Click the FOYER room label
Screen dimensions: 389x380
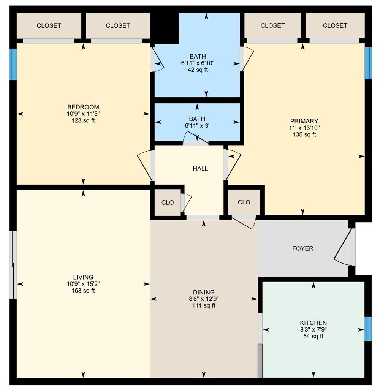pos(302,248)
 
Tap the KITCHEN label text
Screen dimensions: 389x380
pos(313,323)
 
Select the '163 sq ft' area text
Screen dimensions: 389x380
pos(83,291)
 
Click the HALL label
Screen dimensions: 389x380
pos(200,168)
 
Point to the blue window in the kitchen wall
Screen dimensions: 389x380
pos(367,329)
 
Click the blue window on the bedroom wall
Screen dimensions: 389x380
pos(13,64)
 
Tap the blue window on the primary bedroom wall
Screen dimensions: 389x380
pos(368,63)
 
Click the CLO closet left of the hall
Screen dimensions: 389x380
pos(168,202)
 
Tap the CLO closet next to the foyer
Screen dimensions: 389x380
pos(244,202)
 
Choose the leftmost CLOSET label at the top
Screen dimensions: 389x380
pos(49,26)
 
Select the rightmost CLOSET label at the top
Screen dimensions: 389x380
pos(335,25)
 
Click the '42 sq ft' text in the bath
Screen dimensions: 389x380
pos(197,70)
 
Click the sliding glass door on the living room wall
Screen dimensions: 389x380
pos(14,265)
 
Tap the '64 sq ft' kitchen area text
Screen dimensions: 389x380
pos(313,336)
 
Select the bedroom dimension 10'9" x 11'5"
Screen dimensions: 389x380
pos(83,114)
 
